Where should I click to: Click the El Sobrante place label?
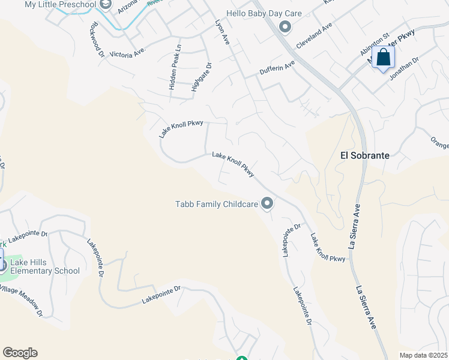tap(365, 155)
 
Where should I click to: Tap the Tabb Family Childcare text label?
tap(217, 205)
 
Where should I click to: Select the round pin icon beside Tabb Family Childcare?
tap(267, 205)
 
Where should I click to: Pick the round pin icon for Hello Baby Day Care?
tap(286, 26)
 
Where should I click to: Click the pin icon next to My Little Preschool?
tap(106, 5)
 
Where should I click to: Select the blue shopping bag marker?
tap(383, 58)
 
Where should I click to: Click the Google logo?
tap(20, 353)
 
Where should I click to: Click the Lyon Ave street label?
tap(223, 31)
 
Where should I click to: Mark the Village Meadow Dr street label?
tap(22, 300)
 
